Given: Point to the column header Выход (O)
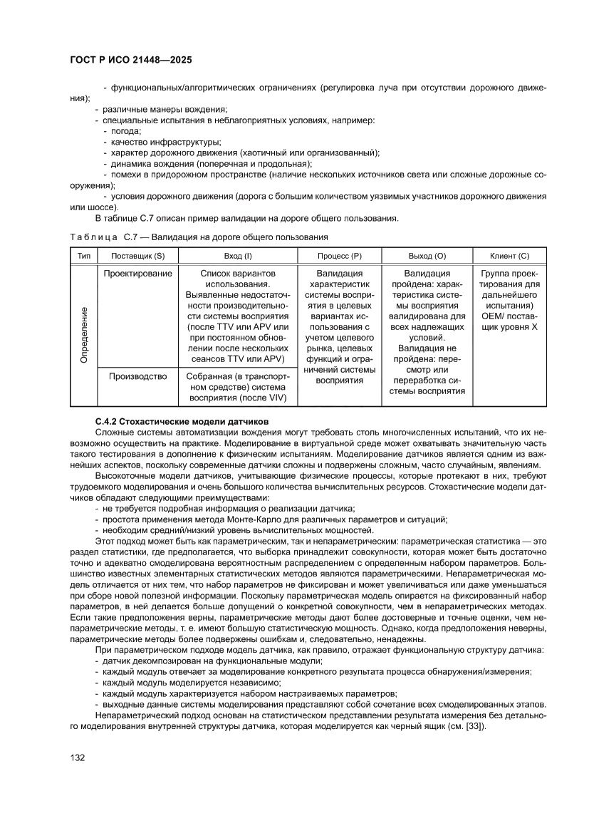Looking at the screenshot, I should [427, 255].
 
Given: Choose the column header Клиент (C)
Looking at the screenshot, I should [509, 255].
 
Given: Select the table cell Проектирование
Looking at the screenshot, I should [137, 274].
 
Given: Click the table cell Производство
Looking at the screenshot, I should [137, 376].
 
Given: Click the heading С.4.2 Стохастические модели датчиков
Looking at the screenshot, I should [182, 422].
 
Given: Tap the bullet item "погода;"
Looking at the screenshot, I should [125, 131].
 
